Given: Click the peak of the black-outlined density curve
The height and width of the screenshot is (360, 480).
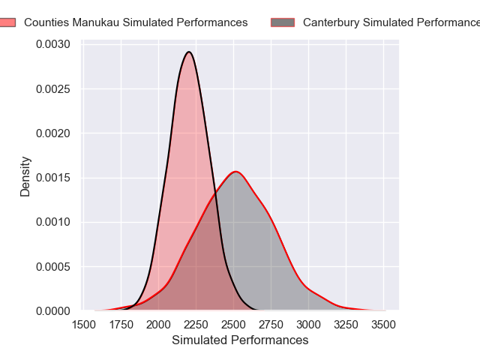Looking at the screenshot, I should click(189, 52).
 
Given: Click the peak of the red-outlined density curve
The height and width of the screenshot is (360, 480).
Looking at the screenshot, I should click(236, 172).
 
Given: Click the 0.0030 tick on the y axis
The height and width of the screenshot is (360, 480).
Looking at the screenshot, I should click(55, 45).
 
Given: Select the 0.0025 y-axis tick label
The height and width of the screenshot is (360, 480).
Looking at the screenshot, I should click(55, 89).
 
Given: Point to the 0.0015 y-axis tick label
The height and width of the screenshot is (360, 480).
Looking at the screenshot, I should click(55, 178).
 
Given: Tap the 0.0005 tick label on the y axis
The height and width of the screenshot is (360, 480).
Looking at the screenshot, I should click(55, 266).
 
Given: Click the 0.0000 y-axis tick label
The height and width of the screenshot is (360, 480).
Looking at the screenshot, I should click(55, 310).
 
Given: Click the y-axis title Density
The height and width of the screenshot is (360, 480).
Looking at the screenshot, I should click(25, 176).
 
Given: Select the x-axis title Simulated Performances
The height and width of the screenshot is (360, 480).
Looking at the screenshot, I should click(240, 340).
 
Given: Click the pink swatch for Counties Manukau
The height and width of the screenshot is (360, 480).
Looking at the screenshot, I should click(7, 22).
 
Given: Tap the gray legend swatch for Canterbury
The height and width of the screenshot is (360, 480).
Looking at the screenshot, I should click(283, 22).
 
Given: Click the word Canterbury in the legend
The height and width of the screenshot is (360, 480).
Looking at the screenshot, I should click(330, 22).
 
